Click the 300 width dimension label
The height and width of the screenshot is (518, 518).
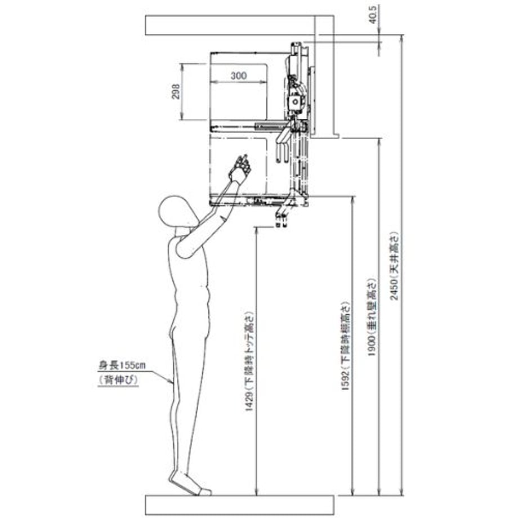click(x=239, y=75)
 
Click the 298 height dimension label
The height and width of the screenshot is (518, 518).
click(x=176, y=92)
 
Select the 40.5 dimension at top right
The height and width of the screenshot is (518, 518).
click(x=373, y=15)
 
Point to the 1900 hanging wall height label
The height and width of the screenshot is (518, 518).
click(x=372, y=317)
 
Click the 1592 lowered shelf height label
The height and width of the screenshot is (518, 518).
click(x=346, y=346)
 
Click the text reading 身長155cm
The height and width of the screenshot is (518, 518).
click(x=122, y=366)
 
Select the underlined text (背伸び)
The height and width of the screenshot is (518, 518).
click(x=118, y=380)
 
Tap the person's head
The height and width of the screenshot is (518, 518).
click(x=175, y=212)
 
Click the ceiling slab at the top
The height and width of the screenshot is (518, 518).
click(x=240, y=25)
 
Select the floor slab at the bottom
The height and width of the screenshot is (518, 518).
click(x=240, y=505)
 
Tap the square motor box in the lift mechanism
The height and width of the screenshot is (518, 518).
click(x=294, y=102)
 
